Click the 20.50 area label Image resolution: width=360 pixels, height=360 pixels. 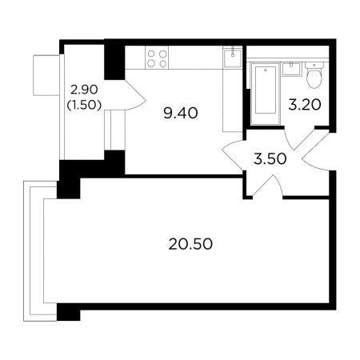pyautogui.click(x=190, y=244)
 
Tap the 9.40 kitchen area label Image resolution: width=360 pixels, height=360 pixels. pyautogui.click(x=181, y=113)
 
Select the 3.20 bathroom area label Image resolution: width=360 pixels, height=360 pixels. pyautogui.click(x=305, y=105)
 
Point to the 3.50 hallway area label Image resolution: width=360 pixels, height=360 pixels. pyautogui.click(x=270, y=159)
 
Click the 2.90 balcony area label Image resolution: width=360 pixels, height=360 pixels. pyautogui.click(x=84, y=90)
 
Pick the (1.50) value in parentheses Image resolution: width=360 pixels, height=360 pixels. pyautogui.click(x=84, y=106)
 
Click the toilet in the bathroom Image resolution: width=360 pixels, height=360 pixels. pyautogui.click(x=314, y=74)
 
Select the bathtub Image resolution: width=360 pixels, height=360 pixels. pyautogui.click(x=266, y=94)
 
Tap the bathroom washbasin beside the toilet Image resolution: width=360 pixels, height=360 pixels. pyautogui.click(x=291, y=69)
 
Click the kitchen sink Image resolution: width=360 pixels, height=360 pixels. pyautogui.click(x=233, y=58)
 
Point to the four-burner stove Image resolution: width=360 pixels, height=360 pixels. pyautogui.click(x=157, y=58)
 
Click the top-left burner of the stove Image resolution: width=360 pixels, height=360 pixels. pyautogui.click(x=151, y=54)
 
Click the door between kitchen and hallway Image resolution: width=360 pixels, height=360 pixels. pyautogui.click(x=233, y=154)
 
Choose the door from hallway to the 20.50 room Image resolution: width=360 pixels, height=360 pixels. pyautogui.click(x=267, y=186)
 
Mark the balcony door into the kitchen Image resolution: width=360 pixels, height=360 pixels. pyautogui.click(x=135, y=95)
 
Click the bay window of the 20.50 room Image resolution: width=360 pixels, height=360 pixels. pyautogui.click(x=40, y=250)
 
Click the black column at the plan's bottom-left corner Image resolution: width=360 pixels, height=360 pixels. pyautogui.click(x=69, y=312)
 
